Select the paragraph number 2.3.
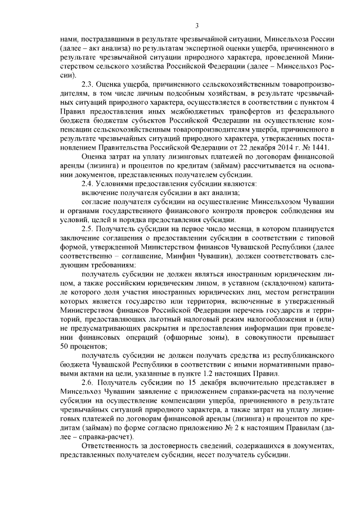(87, 84)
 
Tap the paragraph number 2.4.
(87, 183)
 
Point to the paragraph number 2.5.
(87, 231)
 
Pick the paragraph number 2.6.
(87, 382)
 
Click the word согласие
(98, 202)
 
